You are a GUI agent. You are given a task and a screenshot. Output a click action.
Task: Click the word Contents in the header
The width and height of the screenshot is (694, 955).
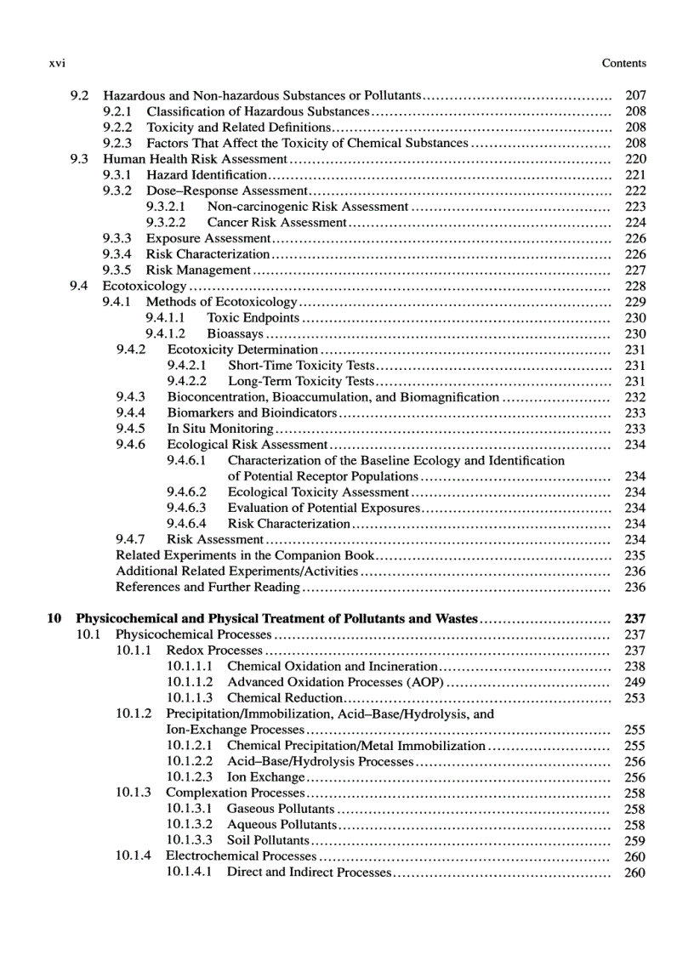[623, 63]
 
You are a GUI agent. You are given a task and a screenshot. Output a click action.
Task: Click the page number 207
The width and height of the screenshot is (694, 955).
[634, 96]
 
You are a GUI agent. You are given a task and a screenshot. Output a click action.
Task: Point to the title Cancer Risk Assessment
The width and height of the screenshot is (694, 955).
[276, 223]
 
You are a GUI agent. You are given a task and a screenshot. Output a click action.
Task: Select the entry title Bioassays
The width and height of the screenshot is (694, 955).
[235, 334]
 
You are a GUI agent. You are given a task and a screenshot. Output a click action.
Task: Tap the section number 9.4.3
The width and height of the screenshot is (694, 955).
[130, 397]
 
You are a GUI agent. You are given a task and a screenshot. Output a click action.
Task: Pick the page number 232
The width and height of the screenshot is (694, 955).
[634, 397]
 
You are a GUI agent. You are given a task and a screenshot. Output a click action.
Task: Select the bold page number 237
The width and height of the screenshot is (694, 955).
[634, 619]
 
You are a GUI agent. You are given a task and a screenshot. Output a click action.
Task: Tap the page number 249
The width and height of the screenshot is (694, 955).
[634, 683]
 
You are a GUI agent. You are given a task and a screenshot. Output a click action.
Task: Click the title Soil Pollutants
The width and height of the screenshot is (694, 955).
[267, 841]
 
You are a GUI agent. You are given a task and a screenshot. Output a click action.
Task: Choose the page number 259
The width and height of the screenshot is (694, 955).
[634, 841]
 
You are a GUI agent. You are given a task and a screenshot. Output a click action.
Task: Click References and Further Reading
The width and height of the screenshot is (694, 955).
[208, 588]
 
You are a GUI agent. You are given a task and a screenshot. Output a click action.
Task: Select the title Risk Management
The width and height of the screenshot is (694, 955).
[198, 270]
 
